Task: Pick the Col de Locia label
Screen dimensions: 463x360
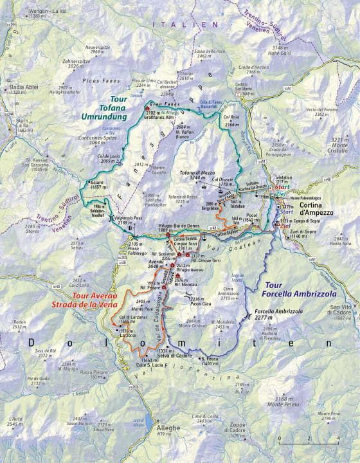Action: point(95,158)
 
